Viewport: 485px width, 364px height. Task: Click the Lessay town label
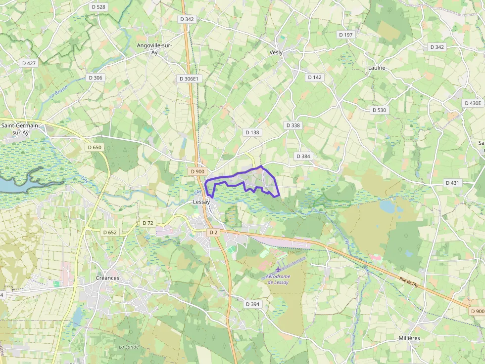click(x=201, y=202)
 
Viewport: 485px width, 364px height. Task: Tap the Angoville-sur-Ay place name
click(x=154, y=48)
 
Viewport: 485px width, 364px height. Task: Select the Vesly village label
click(x=276, y=52)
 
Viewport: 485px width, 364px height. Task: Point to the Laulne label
click(x=377, y=68)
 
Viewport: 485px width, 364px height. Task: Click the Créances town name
click(x=107, y=278)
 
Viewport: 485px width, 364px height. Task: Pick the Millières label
click(x=409, y=338)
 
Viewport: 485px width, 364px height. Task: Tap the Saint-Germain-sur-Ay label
click(x=22, y=129)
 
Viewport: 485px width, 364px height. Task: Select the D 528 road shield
click(x=99, y=7)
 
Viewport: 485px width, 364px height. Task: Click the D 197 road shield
click(x=346, y=35)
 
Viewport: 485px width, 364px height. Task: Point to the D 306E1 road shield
click(x=189, y=79)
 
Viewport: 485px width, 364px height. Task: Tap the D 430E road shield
click(x=472, y=103)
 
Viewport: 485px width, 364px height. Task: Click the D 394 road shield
click(x=252, y=304)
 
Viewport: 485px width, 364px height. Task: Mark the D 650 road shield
click(x=94, y=147)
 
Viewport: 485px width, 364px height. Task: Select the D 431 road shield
click(x=452, y=183)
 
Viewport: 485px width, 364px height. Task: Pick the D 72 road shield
click(x=148, y=223)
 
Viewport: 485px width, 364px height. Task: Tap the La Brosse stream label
click(x=59, y=93)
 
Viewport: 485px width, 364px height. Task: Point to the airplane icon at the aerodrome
click(x=279, y=269)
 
